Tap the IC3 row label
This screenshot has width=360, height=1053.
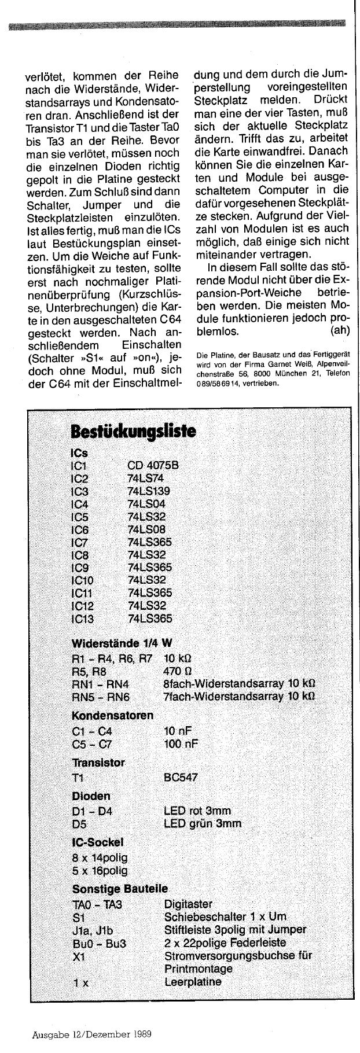[x=78, y=491]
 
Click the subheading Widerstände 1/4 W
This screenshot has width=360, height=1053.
[x=122, y=643]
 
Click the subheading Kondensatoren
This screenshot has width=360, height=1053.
[x=112, y=715]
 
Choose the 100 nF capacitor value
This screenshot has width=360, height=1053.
[x=181, y=743]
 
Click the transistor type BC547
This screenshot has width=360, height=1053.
[x=181, y=777]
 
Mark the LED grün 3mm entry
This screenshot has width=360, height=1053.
[x=203, y=823]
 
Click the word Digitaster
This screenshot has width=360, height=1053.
[x=188, y=903]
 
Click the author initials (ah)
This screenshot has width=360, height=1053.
[x=343, y=332]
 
